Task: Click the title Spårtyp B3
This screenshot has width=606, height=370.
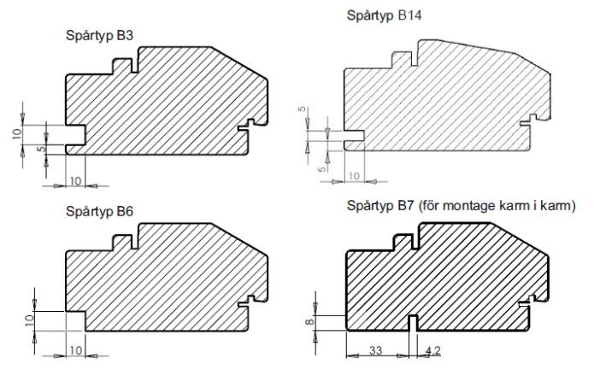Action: pyautogui.click(x=99, y=36)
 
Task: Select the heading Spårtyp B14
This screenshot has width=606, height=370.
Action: pyautogui.click(x=384, y=16)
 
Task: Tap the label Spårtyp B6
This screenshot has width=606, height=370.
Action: pyautogui.click(x=99, y=212)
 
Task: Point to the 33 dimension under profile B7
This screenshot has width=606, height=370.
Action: pyautogui.click(x=376, y=350)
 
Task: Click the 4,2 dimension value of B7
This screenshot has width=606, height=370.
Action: pyautogui.click(x=432, y=350)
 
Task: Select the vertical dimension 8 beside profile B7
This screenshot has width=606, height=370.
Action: pyautogui.click(x=310, y=321)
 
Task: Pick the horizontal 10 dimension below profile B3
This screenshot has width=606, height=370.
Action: pyautogui.click(x=76, y=181)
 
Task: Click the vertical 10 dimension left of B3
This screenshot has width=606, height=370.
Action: pyautogui.click(x=16, y=133)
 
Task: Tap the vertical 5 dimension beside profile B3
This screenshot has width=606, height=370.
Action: pyautogui.click(x=42, y=148)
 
